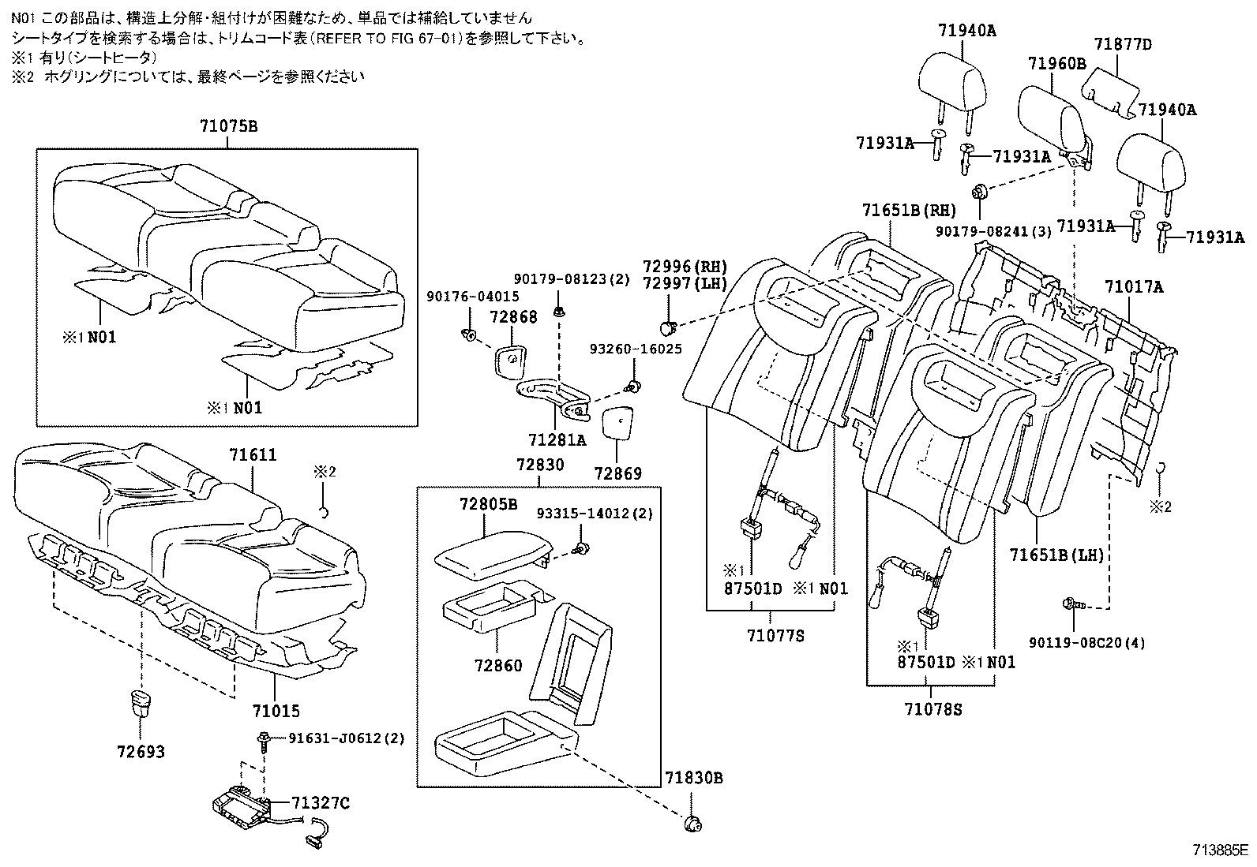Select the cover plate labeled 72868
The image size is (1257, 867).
pyautogui.click(x=510, y=360)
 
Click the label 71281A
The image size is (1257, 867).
pyautogui.click(x=557, y=439)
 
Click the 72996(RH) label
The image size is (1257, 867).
pyautogui.click(x=684, y=267)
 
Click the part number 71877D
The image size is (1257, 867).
pyautogui.click(x=1123, y=45)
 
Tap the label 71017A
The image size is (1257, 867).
pyautogui.click(x=1133, y=287)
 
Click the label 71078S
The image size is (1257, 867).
pyautogui.click(x=933, y=709)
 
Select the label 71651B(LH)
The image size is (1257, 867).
pyautogui.click(x=1056, y=555)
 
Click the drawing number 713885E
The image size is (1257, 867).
pyautogui.click(x=1220, y=851)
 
